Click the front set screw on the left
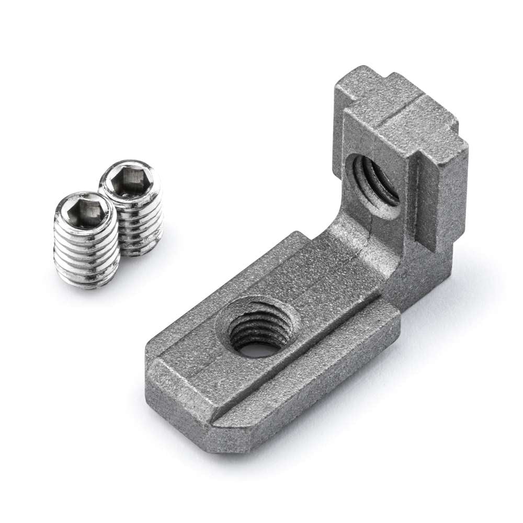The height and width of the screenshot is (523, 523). coord(86,241)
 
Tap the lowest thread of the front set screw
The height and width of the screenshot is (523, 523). coord(88,280)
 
